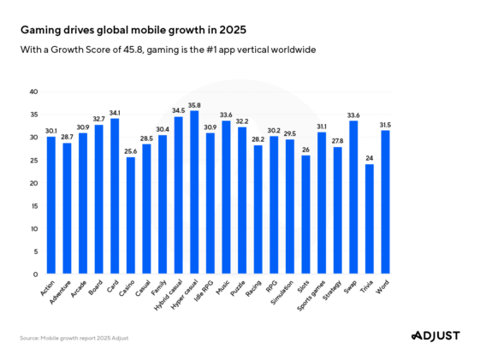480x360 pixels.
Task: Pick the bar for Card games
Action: tap(115, 196)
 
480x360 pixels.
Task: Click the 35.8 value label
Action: tap(193, 105)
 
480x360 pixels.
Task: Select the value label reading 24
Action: tap(369, 158)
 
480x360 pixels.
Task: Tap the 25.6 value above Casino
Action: tap(131, 151)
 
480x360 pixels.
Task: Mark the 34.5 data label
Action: tap(178, 111)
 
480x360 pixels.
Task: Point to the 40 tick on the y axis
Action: tap(33, 91)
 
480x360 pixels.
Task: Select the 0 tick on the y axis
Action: tap(36, 274)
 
